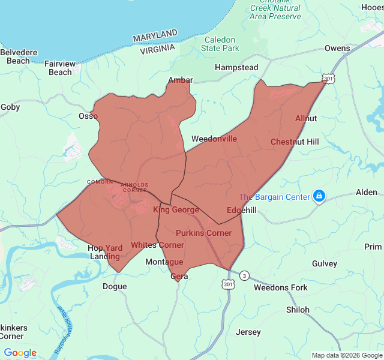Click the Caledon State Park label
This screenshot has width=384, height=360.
tap(220, 44)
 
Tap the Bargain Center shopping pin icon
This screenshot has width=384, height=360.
tap(319, 196)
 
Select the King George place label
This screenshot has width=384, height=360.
tap(176, 210)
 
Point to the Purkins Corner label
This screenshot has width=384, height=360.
tap(203, 233)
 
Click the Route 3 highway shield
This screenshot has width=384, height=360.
tap(244, 275)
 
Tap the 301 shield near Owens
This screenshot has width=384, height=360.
tap(328, 79)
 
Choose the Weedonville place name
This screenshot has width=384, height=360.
tap(214, 139)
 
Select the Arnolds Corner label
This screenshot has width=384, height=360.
tap(134, 187)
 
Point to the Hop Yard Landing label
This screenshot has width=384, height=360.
tap(104, 252)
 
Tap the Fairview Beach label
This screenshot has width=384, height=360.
tap(60, 68)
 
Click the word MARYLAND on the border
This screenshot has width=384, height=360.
tap(155, 36)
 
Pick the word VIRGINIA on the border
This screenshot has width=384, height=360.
tap(158, 49)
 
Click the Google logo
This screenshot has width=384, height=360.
tap(20, 353)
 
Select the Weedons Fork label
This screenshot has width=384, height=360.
tap(280, 288)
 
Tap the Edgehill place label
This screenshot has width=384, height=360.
tap(242, 210)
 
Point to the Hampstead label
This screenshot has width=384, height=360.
tap(236, 68)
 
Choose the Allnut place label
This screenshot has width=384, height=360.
tap(306, 119)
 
